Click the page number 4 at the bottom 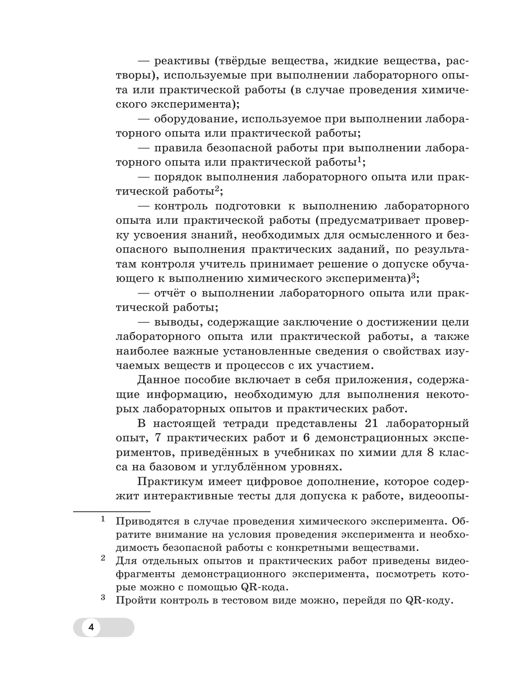pyautogui.click(x=91, y=628)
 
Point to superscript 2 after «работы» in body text pyautogui.click(x=216, y=189)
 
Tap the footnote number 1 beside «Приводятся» pyautogui.click(x=103, y=519)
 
